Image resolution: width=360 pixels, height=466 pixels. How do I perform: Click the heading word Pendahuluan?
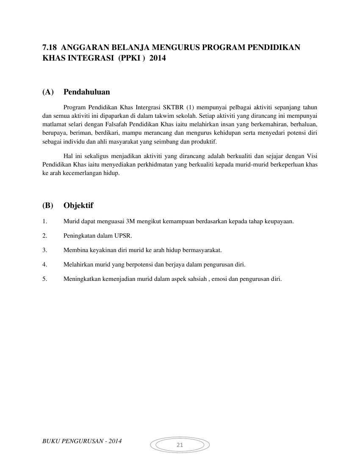tap(87, 92)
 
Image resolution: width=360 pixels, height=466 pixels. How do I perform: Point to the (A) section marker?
tap(48, 92)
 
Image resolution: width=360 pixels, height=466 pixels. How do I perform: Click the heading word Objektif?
tap(78, 205)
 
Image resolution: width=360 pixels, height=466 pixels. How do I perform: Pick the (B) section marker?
tap(48, 205)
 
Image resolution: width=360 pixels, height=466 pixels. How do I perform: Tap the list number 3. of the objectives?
tap(44, 250)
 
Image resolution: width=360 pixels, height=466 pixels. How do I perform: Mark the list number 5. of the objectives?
tap(44, 279)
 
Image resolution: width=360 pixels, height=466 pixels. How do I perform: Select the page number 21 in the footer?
tap(180, 445)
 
